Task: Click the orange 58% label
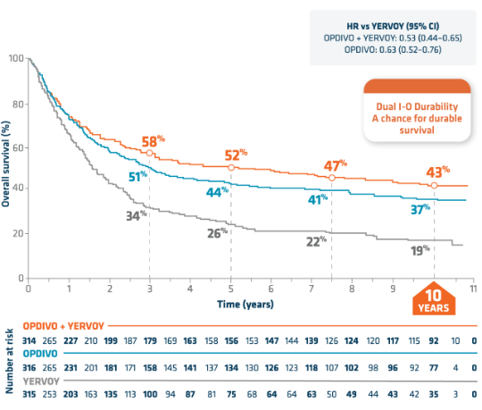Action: [x=154, y=140]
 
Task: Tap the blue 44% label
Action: [x=217, y=191]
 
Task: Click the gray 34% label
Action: [x=135, y=214]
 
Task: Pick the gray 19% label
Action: [x=420, y=251]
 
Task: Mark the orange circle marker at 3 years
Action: [x=149, y=154]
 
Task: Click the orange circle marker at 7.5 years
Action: [x=332, y=178]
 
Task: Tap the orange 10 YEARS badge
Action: [x=435, y=302]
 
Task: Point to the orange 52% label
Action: [x=237, y=153]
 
